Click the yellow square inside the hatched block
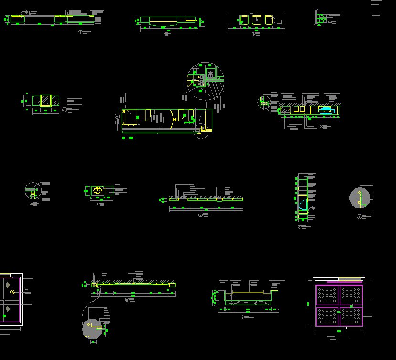[46, 101]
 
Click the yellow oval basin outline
[98, 190]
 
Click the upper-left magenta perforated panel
[327, 296]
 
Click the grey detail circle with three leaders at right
[360, 198]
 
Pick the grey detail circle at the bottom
[92, 329]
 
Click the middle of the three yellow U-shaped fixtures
[257, 20]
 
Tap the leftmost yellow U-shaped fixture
[244, 20]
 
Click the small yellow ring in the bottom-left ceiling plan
[13, 292]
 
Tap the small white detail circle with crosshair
[33, 191]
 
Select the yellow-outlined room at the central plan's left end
[131, 117]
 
